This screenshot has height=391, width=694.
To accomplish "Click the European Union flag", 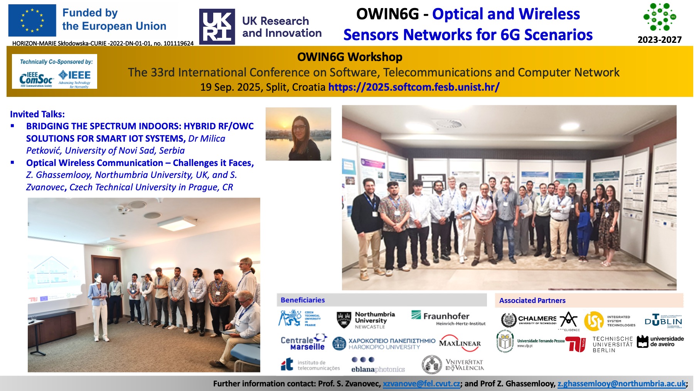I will [x=32, y=20].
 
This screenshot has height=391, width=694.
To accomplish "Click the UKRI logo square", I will [x=217, y=27].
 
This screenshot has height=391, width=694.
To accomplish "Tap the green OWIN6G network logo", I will [x=659, y=17].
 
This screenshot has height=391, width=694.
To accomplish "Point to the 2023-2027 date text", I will [x=659, y=40].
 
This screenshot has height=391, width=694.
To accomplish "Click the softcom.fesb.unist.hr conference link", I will [x=414, y=87].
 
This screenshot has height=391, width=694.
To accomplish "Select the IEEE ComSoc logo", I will [x=36, y=78].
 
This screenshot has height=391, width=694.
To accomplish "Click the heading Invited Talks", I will [x=37, y=114].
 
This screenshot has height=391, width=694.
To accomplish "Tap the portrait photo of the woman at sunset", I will [x=298, y=134].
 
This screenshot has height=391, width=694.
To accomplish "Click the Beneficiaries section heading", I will [x=303, y=300].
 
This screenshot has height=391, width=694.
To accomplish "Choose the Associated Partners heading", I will [x=532, y=300].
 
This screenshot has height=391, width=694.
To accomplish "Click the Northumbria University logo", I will [x=366, y=320].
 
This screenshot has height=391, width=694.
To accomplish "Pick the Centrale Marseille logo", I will [x=303, y=342].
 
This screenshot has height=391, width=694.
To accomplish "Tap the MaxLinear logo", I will [x=460, y=343].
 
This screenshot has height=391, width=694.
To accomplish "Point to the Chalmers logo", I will [x=529, y=320].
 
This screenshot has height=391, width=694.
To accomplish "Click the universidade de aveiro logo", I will [x=660, y=342].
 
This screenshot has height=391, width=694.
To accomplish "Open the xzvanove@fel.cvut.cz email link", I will [x=421, y=384].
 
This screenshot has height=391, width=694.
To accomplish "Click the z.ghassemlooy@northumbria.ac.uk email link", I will [x=621, y=384].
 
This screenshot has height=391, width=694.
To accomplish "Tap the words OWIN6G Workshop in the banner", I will [x=350, y=57].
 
